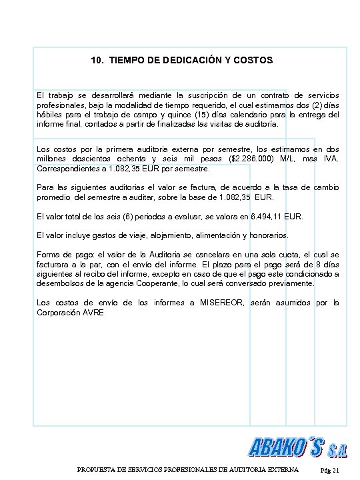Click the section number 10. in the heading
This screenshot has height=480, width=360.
click(x=97, y=61)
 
